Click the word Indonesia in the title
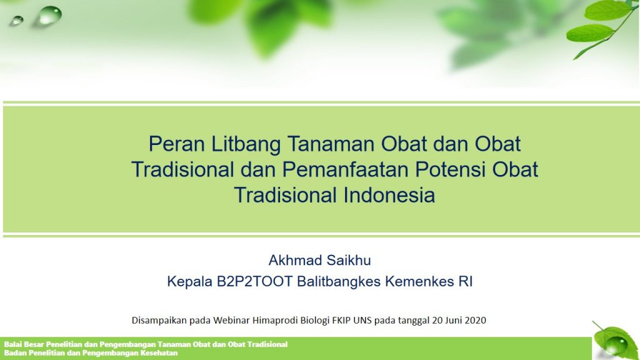(x=389, y=195)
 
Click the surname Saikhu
(x=351, y=260)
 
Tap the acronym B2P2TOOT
(x=255, y=282)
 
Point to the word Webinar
(x=231, y=320)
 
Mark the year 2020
(x=476, y=320)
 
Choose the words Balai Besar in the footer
(x=24, y=344)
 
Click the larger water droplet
(x=50, y=16)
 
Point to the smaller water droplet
(x=17, y=21)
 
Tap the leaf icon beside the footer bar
(x=616, y=341)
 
